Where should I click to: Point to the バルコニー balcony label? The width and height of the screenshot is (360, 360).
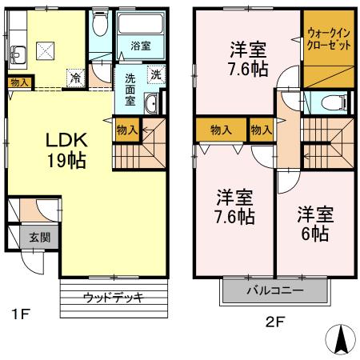tap(274, 290)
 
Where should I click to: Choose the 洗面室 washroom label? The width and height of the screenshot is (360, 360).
tap(130, 90)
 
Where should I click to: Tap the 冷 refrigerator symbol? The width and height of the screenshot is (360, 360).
tap(74, 78)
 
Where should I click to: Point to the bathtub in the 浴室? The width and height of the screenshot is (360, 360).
tap(142, 26)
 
